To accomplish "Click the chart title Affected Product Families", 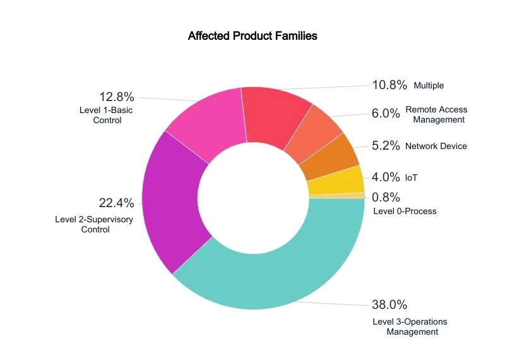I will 252,36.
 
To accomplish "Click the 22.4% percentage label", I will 116,203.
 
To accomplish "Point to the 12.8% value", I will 116,97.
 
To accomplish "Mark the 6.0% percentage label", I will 386,114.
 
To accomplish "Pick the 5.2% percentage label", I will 386,146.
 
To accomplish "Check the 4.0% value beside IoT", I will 386,177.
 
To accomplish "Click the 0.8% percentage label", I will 386,197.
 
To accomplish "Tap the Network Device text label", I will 436,146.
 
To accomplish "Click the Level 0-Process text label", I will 405,211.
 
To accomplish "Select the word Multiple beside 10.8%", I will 429,85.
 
